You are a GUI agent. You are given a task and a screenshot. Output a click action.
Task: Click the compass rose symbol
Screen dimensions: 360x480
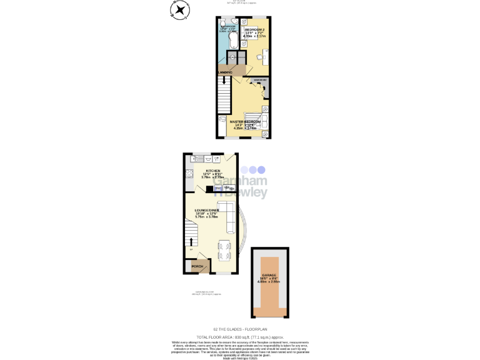180,9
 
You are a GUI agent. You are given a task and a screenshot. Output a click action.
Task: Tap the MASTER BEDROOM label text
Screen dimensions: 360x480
245,121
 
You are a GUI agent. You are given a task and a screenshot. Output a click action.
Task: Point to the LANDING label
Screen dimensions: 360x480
225,73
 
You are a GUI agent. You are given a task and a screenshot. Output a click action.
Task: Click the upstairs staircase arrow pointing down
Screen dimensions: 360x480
224,80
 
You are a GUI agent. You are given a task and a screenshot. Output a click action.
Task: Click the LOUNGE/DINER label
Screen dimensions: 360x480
206,211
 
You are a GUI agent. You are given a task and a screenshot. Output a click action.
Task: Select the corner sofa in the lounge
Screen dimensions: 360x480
228,216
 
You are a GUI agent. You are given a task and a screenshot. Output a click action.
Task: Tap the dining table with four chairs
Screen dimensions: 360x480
225,249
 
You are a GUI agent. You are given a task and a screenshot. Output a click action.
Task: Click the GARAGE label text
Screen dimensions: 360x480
269,275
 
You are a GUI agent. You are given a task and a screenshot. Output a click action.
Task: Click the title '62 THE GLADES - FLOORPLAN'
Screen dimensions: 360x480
240,329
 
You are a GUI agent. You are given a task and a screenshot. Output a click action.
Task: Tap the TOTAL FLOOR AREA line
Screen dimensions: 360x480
240,337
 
